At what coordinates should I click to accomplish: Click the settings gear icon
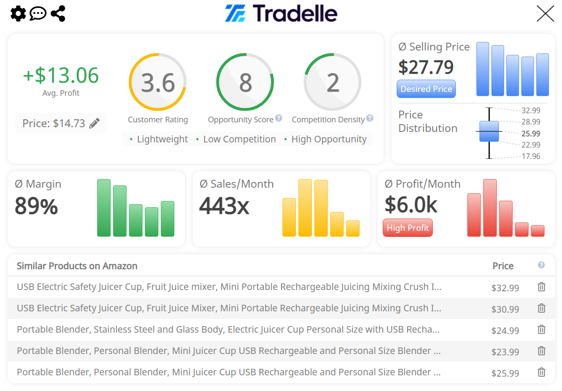coord(18,13)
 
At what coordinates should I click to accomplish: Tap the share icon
coord(58,13)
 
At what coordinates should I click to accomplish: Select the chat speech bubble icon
coord(38,13)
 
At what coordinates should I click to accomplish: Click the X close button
coord(545,13)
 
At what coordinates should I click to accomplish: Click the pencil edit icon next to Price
coord(94,124)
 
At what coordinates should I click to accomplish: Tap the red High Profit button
coord(408,228)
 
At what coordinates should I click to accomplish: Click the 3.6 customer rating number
coord(158,83)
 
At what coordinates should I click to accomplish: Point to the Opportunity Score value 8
coord(245,83)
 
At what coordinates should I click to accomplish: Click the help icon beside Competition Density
coord(370,118)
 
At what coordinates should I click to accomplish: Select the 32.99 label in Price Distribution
coord(531,111)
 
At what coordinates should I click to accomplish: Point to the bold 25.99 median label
coord(531,134)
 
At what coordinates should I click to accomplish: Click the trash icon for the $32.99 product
coord(542,287)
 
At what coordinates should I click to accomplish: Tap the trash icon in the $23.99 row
coord(542,351)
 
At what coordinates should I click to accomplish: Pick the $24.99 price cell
coord(505,330)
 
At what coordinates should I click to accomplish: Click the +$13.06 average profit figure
coord(61,75)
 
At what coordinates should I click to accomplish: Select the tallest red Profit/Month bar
coord(490,208)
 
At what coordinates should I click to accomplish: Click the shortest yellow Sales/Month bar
coord(353,228)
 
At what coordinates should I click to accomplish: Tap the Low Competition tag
coord(239,139)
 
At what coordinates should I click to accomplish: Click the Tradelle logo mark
coord(235,13)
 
